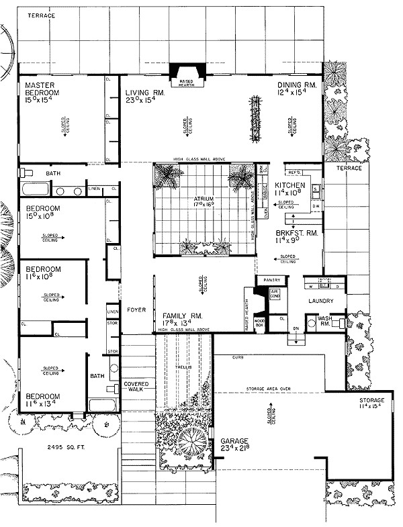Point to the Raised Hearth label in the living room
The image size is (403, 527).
(x=185, y=85)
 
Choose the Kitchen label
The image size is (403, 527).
(x=289, y=185)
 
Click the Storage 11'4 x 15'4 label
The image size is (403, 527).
(x=371, y=402)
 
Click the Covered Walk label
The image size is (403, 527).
(x=136, y=387)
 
